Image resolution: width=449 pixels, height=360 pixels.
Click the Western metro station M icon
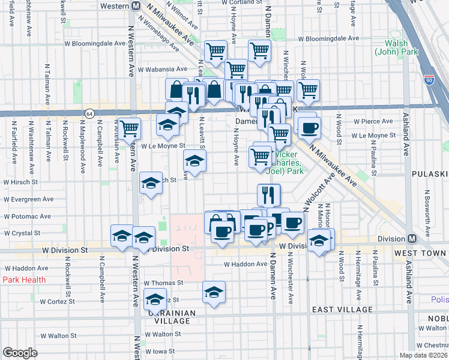[136, 6]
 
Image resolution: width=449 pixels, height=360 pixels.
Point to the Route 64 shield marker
[89, 113]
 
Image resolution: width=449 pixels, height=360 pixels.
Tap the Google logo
[20, 353]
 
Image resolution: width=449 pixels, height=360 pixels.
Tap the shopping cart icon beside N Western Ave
[129, 128]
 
